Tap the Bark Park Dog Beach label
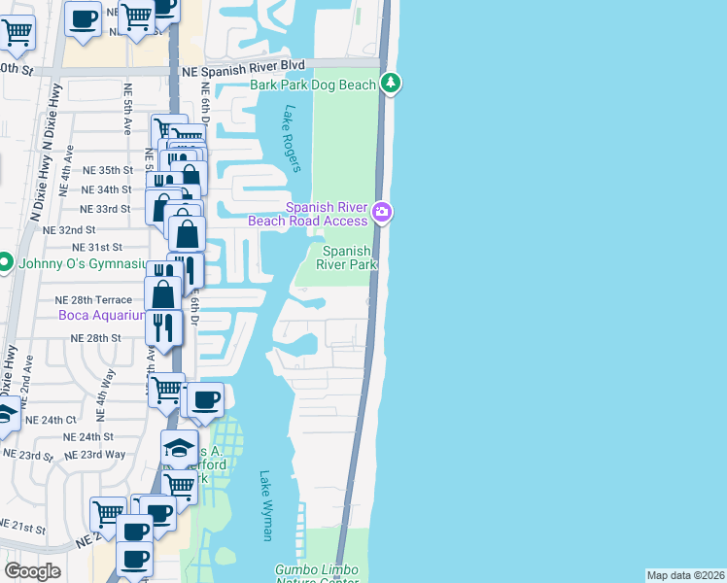click(x=312, y=85)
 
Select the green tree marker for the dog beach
click(x=390, y=84)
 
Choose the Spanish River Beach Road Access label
click(x=328, y=213)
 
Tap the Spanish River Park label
click(x=348, y=258)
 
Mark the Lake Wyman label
click(x=266, y=505)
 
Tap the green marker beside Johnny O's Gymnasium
click(x=5, y=262)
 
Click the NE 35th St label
click(x=107, y=170)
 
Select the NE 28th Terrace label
click(x=93, y=300)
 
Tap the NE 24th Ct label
click(x=51, y=420)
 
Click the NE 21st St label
click(x=22, y=529)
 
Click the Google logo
click(x=32, y=571)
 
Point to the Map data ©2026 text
click(x=684, y=575)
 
